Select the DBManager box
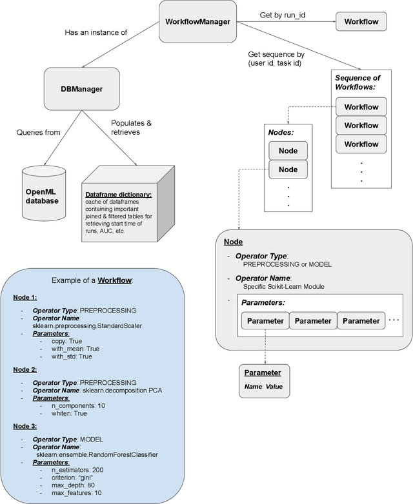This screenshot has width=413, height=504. point(75,89)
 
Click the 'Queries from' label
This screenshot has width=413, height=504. point(39,133)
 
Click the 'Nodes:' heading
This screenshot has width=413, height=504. point(281,133)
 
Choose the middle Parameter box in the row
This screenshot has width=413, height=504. point(314,320)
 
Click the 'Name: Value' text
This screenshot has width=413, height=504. point(263,387)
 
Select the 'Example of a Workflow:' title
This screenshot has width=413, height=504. point(92,280)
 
